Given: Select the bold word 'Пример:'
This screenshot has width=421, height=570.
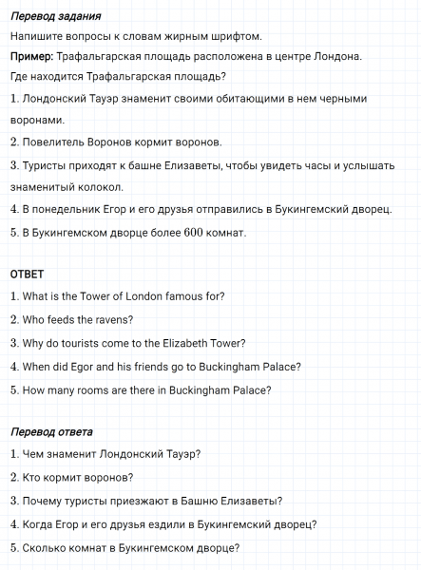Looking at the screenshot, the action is (x=31, y=57).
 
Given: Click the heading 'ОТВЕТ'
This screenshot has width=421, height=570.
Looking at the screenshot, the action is (x=27, y=274).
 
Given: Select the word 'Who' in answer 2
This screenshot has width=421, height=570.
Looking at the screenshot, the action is (x=34, y=319).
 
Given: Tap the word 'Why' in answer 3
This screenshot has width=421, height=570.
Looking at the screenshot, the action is (x=34, y=343).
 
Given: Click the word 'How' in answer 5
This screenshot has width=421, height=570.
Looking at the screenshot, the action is (x=34, y=389).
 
